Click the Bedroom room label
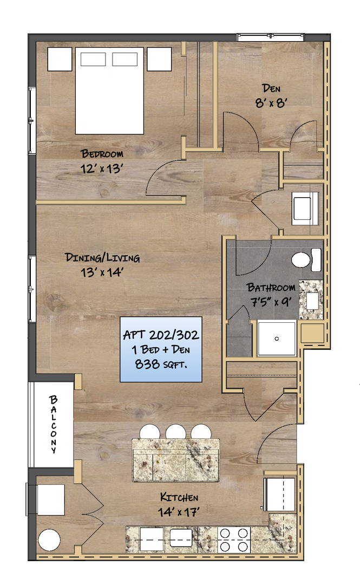(102, 154)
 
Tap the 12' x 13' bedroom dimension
(102, 168)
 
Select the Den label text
(271, 88)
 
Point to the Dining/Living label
(102, 257)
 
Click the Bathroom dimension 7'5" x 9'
(271, 302)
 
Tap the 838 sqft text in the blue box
(161, 364)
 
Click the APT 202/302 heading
(161, 335)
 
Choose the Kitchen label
(179, 497)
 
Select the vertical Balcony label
(54, 424)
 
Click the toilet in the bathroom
(305, 259)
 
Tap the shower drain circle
(277, 339)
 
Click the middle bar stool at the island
(176, 432)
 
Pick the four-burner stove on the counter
(234, 539)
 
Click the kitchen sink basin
(181, 538)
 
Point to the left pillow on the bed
(93, 60)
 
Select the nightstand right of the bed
(159, 59)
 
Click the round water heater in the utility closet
(49, 540)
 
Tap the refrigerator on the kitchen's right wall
(280, 494)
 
